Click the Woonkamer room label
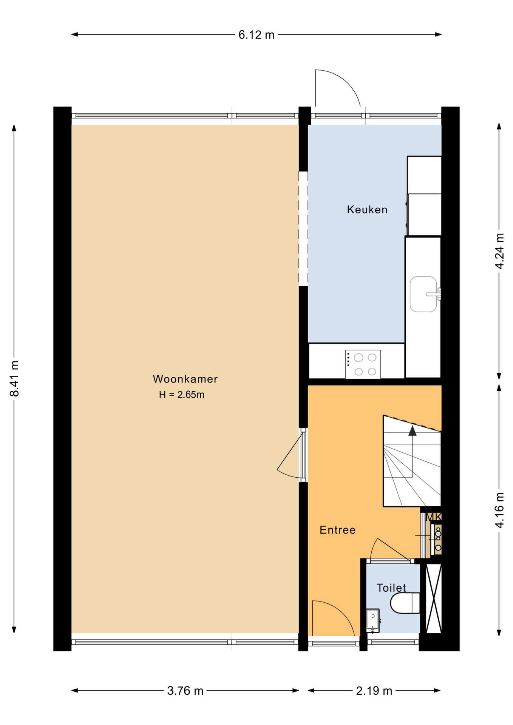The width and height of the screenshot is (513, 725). tap(185, 379)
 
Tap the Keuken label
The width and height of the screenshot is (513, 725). tap(367, 210)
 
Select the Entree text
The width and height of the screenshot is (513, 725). tap(338, 530)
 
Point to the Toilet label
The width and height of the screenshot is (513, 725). tap(391, 588)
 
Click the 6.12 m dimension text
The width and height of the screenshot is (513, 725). tap(256, 35)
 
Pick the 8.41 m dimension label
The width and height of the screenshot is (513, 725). tap(14, 379)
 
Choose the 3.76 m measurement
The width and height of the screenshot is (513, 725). tap(185, 691)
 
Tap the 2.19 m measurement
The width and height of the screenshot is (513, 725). tap(374, 691)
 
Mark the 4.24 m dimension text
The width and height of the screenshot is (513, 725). tap(499, 251)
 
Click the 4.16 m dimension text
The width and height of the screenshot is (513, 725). tap(499, 511)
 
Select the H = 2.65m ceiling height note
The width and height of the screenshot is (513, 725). tap(182, 395)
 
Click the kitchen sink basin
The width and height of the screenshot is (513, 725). tap(423, 294)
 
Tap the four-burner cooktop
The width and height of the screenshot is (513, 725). tap(363, 364)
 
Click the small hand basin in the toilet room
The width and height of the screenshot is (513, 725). tap(373, 620)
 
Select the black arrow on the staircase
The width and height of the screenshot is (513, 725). tap(413, 431)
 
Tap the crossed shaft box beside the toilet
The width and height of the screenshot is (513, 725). tap(434, 599)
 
